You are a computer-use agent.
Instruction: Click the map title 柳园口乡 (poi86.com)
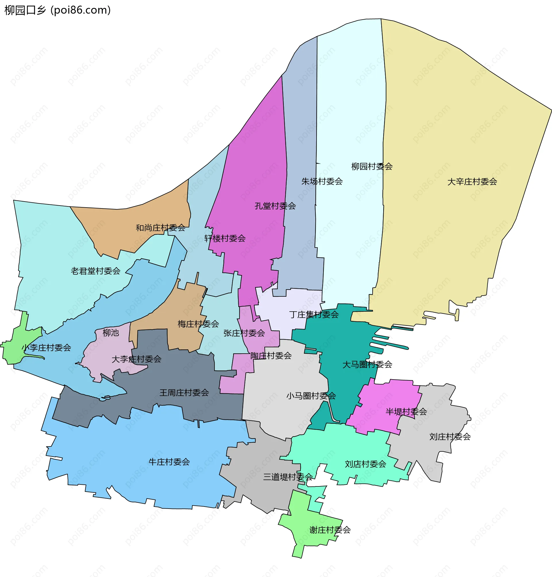point(58,10)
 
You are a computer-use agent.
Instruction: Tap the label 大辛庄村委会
point(472,181)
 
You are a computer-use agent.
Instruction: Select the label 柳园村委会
point(372,166)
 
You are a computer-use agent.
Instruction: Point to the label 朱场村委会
point(322,181)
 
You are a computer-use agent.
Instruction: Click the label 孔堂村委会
point(275,206)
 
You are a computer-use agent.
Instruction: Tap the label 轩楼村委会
point(225,238)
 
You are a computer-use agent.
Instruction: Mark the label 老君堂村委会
point(95,271)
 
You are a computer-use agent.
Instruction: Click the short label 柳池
point(111,333)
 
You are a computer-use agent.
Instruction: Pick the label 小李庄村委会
point(47,348)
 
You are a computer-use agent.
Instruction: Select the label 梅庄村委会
point(198,324)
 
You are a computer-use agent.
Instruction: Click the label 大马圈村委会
point(367,364)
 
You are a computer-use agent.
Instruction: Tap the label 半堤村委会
point(406,411)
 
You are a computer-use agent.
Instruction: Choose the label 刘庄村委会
point(450,436)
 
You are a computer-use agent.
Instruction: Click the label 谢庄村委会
point(330,530)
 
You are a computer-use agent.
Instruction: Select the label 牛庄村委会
point(169,462)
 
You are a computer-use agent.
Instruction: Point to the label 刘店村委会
point(365,464)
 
